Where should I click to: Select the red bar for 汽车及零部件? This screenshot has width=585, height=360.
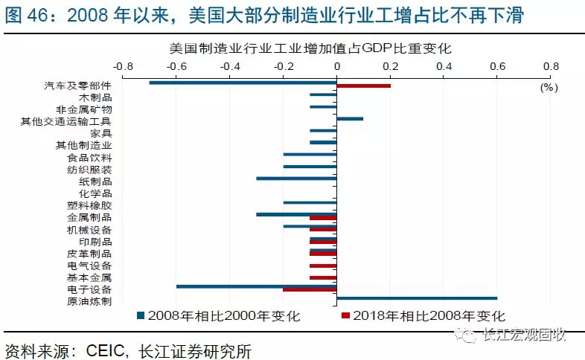click(363, 86)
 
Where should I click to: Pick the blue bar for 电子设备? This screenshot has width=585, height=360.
click(256, 286)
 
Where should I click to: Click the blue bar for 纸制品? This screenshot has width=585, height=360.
click(296, 179)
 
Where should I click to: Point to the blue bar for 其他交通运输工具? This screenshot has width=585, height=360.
click(350, 118)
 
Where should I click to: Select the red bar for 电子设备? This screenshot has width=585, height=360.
click(310, 289)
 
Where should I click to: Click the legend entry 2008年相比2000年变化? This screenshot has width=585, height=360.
click(224, 316)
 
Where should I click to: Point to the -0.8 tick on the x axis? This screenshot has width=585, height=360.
click(123, 65)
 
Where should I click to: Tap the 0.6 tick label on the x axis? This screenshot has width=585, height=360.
click(497, 65)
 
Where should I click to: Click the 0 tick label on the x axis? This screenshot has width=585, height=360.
click(337, 65)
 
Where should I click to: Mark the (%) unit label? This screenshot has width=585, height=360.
click(548, 87)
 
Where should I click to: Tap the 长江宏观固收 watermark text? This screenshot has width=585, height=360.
click(525, 334)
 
